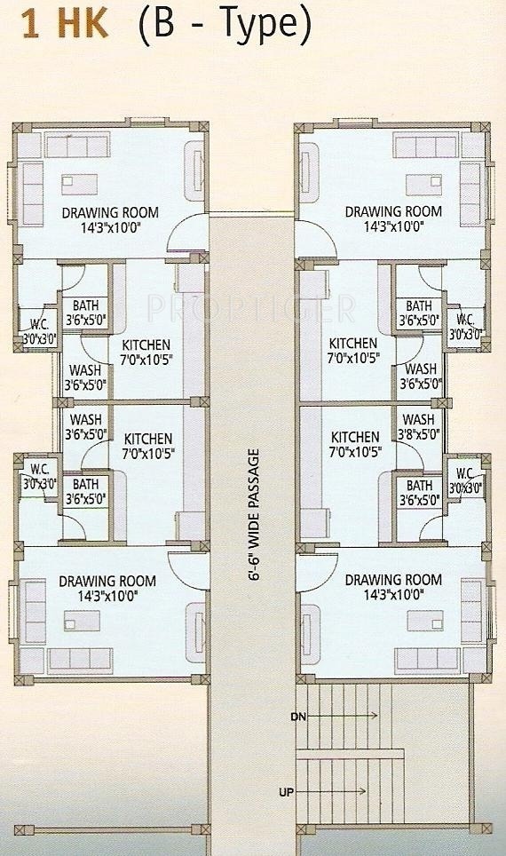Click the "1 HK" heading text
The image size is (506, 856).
(65, 24)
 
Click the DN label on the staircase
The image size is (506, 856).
(299, 717)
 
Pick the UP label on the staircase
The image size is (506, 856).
(286, 792)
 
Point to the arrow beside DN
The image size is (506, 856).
(342, 715)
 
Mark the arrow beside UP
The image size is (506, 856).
(332, 791)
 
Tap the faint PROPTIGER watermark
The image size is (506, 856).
(251, 309)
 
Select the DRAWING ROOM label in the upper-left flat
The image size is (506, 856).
(110, 212)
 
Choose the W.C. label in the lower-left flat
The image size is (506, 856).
(39, 469)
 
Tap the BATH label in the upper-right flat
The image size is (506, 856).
(419, 306)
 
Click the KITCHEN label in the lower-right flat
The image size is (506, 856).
(355, 437)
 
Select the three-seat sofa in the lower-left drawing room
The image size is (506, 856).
(80, 661)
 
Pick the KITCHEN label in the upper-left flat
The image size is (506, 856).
(146, 345)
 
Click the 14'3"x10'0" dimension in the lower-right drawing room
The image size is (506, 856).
(394, 595)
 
